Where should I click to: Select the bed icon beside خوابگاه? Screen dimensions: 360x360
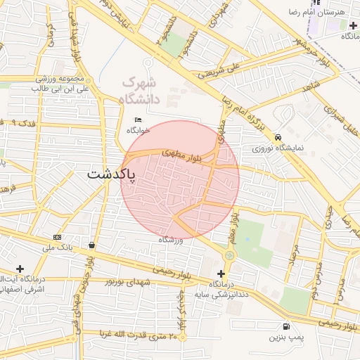(x=138, y=121)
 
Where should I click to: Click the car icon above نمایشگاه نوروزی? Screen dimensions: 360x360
(x=278, y=137)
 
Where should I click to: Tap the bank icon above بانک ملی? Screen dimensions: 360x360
(x=57, y=237)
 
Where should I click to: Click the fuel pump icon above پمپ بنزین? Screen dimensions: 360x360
(x=286, y=326)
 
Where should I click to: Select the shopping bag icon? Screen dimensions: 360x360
(x=92, y=245)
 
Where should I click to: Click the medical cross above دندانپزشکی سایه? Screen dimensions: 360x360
(x=222, y=273)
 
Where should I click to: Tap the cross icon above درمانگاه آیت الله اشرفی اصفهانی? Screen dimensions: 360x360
(x=20, y=269)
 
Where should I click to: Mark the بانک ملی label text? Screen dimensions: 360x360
(x=58, y=248)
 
